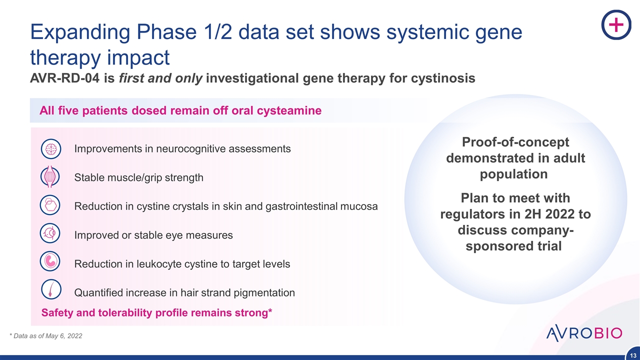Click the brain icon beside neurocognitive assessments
(x=50, y=149)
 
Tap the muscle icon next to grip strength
(x=50, y=177)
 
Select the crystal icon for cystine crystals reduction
(x=50, y=205)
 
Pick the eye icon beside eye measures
(x=50, y=234)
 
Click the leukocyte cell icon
(x=50, y=262)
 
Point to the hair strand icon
(x=50, y=291)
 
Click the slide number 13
(x=632, y=354)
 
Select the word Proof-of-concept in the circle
(x=515, y=142)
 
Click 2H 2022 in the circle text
(x=549, y=214)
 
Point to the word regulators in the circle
(x=469, y=214)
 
